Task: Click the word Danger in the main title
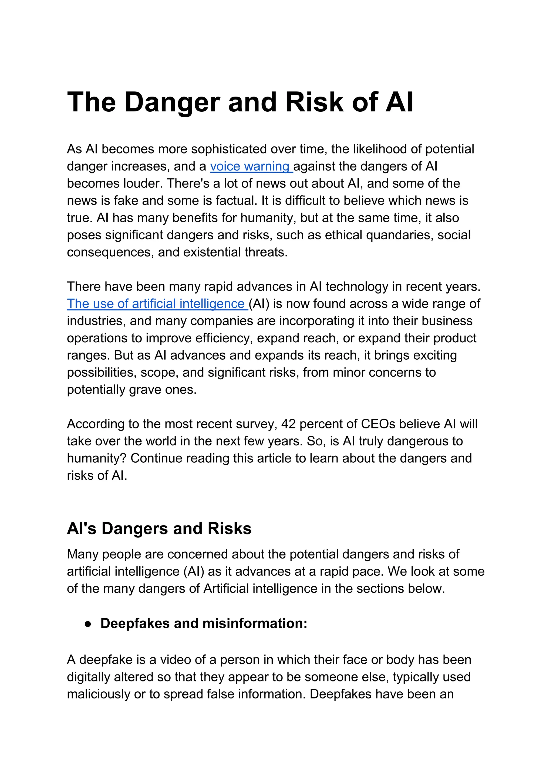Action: pyautogui.click(x=172, y=102)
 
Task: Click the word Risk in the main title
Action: pyautogui.click(x=314, y=102)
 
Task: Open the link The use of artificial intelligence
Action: pyautogui.click(x=156, y=304)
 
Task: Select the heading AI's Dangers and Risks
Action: pyautogui.click(x=159, y=528)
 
